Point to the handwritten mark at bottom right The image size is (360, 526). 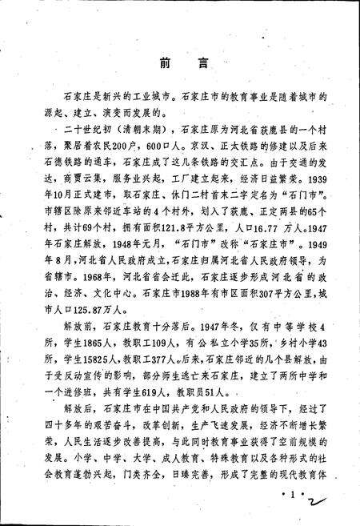point(320,504)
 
